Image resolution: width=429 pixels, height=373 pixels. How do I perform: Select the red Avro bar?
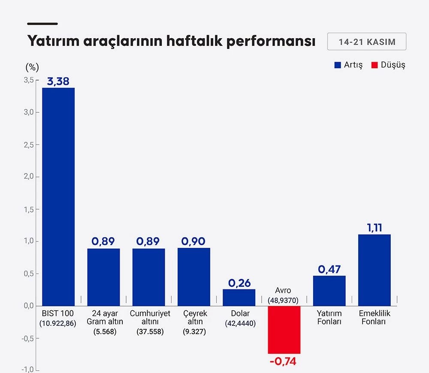click(284, 329)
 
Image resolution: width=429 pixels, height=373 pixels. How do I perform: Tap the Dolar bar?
click(239, 297)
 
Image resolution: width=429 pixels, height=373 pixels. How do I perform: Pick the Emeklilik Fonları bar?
click(375, 270)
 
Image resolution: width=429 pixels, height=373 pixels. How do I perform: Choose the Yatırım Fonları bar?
click(329, 290)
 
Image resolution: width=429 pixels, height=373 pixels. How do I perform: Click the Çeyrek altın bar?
click(194, 277)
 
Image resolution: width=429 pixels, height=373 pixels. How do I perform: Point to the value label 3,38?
click(58, 81)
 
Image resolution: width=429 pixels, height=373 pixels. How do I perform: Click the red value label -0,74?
click(283, 361)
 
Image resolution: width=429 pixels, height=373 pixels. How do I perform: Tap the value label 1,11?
click(375, 228)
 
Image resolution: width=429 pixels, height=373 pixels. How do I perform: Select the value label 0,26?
click(239, 283)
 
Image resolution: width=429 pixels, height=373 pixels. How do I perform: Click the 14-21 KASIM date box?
click(367, 42)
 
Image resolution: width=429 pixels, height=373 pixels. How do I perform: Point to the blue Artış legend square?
click(338, 65)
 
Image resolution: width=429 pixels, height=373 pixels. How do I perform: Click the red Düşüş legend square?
click(375, 65)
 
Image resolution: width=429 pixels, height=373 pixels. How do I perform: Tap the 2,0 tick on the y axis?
click(28, 177)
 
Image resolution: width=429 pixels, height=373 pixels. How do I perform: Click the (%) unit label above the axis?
click(32, 67)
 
